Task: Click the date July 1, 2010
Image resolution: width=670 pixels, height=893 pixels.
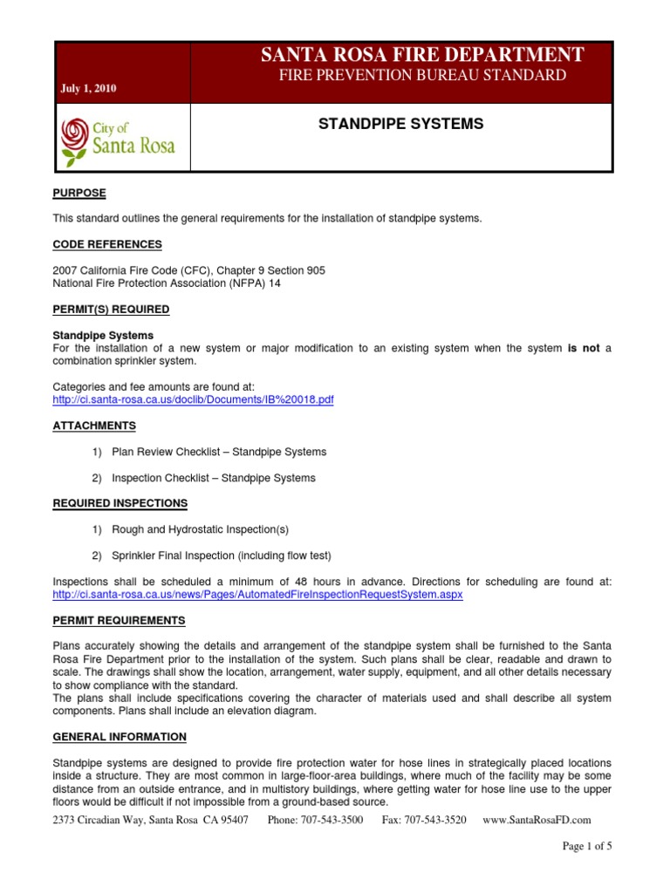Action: point(89,89)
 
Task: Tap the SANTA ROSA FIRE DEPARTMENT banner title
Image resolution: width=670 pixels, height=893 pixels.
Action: point(422,56)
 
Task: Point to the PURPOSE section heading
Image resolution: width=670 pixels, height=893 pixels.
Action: point(79,193)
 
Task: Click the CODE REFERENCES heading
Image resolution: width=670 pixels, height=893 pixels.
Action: point(107,244)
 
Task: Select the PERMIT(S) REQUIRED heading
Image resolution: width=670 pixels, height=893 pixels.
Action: point(111,309)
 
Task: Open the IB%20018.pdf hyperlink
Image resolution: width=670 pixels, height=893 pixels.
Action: point(193,399)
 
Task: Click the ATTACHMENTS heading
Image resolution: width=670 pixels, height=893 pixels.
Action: point(94,426)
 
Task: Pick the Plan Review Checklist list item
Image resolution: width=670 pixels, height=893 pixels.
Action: point(219,452)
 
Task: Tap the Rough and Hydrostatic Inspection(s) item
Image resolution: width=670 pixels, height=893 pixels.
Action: point(200,529)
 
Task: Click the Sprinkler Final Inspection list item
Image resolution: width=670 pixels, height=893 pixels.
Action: point(222,556)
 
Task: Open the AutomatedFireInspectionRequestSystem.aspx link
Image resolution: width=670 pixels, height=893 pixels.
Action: point(257,594)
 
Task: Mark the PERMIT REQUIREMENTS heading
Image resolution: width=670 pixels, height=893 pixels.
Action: point(119,620)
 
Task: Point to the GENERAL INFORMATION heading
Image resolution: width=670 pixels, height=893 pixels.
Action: point(120,737)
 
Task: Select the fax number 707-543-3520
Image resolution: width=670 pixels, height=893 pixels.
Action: point(424,820)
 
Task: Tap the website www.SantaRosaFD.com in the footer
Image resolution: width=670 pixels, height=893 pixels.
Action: point(537,820)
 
